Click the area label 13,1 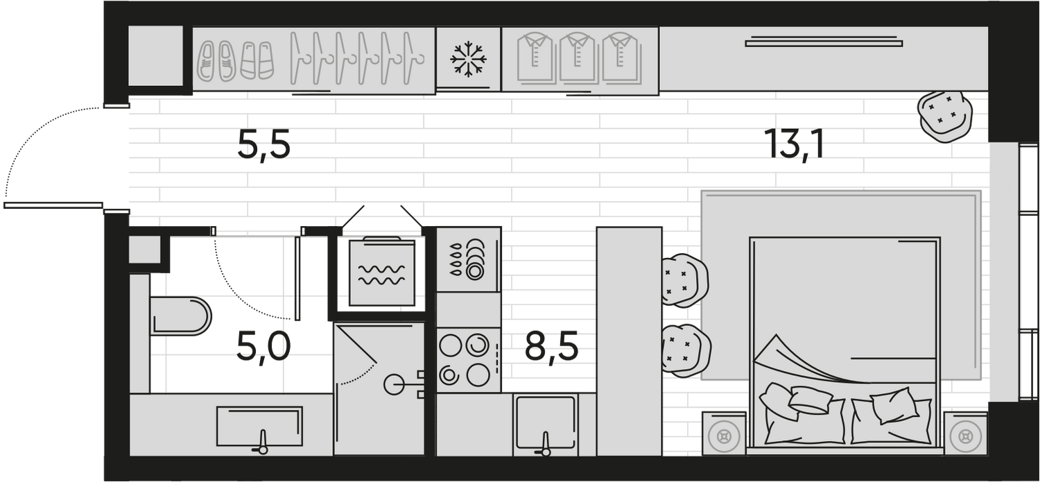pos(796,144)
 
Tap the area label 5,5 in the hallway pos(263,145)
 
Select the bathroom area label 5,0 pos(263,347)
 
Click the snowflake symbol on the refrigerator pos(469,59)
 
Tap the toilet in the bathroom pos(180,316)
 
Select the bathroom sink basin pos(259,427)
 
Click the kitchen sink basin pos(546,423)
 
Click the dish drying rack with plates pos(469,259)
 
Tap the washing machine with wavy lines pos(381,273)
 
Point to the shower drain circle pos(394,384)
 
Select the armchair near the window pos(944,117)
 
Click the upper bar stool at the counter pos(684,280)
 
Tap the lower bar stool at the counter pos(686,351)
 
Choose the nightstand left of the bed pos(724,433)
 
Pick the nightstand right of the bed pos(965,433)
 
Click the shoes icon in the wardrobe pos(236,61)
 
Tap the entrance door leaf pos(53,205)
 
